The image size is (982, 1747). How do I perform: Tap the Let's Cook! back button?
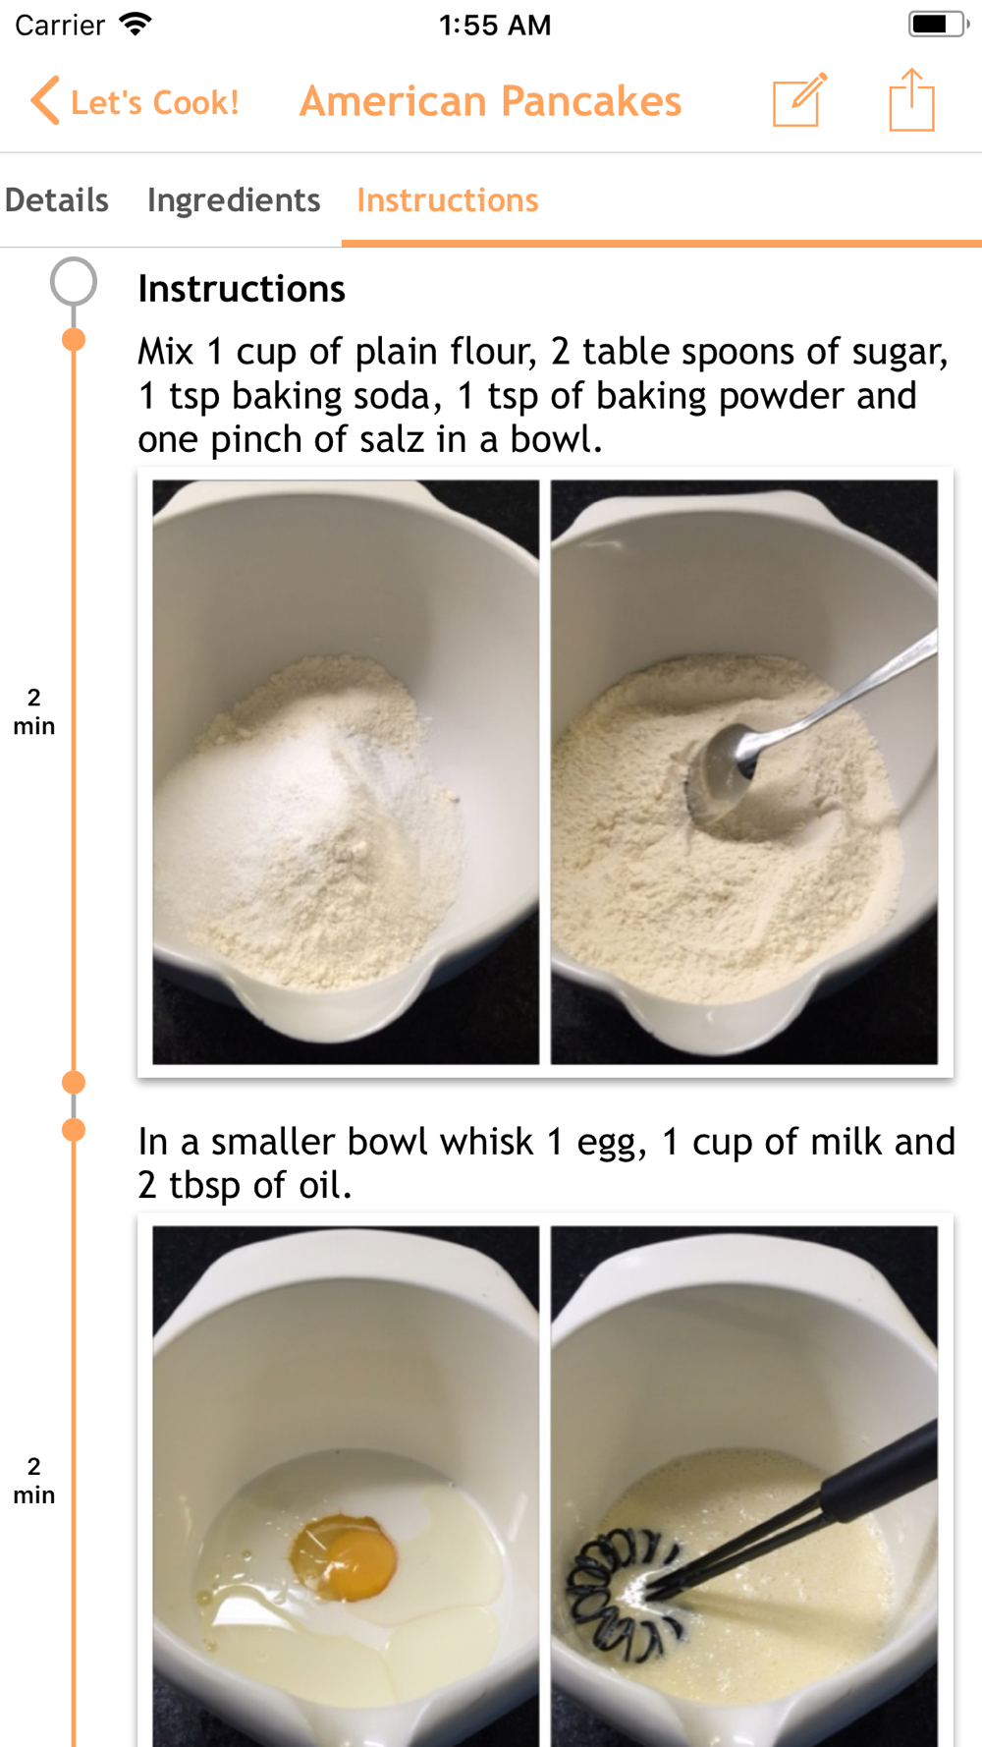tap(135, 101)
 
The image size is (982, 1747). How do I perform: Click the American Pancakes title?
tap(490, 101)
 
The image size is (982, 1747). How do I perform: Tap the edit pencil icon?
tap(799, 99)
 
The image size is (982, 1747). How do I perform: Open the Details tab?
tap(57, 200)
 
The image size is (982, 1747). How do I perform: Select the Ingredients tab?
tap(234, 200)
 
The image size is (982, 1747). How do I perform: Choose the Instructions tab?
tap(448, 200)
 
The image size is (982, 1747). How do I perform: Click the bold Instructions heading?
tap(242, 289)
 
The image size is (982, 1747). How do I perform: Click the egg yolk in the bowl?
tap(343, 1555)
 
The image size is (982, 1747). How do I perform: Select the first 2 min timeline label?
tap(34, 711)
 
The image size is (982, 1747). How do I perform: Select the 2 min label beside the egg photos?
tap(34, 1481)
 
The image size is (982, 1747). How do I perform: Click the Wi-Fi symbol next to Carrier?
tap(136, 24)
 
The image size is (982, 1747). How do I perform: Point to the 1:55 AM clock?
tap(495, 25)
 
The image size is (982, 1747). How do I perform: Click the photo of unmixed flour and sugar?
tap(346, 772)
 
